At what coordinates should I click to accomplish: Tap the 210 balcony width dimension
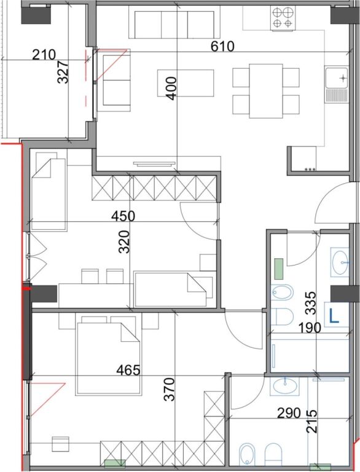[44, 55]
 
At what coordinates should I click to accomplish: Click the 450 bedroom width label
[123, 216]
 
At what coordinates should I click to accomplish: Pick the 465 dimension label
[128, 370]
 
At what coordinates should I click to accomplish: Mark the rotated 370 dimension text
[170, 389]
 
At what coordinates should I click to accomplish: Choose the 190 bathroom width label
[308, 327]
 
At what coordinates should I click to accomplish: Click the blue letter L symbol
[335, 317]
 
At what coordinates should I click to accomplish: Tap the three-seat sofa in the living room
[174, 23]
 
